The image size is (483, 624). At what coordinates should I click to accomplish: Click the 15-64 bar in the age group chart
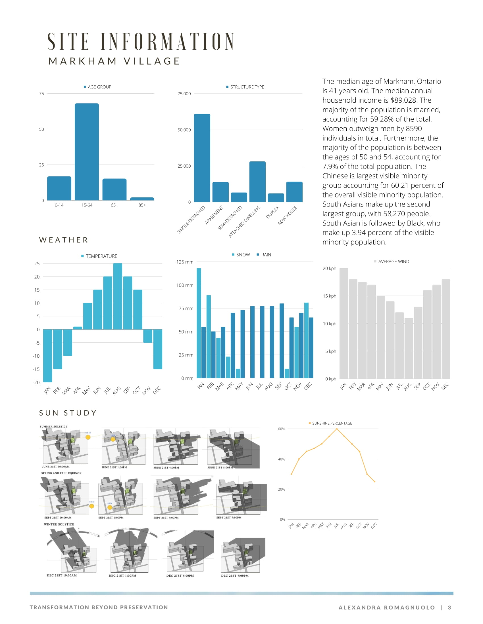click(87, 152)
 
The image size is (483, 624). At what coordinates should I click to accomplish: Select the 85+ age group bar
click(142, 199)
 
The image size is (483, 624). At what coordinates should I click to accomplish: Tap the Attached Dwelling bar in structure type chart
click(257, 182)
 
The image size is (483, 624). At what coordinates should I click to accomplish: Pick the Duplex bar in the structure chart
click(276, 198)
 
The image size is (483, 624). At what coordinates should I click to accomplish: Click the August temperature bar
click(118, 296)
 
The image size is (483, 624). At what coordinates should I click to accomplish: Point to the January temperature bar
click(47, 356)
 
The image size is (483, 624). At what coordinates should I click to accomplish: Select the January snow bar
click(199, 323)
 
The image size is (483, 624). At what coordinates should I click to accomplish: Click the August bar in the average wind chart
click(409, 348)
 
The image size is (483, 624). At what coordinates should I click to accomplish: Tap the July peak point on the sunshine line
click(337, 429)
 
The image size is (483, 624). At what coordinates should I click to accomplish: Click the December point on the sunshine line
click(374, 481)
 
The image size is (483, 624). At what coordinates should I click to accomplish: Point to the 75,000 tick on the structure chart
click(184, 94)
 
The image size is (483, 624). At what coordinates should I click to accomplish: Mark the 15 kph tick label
click(329, 296)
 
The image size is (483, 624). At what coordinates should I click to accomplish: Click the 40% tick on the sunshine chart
click(281, 459)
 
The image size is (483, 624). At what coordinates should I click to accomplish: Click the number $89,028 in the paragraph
click(403, 100)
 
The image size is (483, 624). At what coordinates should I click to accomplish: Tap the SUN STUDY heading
click(68, 413)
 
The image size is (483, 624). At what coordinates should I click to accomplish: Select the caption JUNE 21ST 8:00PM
click(220, 467)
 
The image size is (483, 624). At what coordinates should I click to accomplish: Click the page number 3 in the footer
click(449, 608)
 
